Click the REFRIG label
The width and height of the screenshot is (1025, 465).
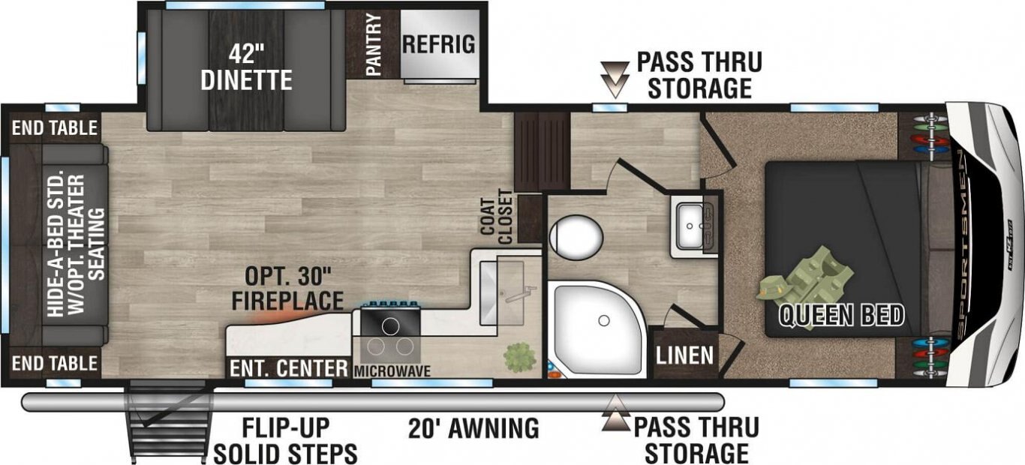(x=438, y=44)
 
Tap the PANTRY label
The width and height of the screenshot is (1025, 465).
(x=374, y=44)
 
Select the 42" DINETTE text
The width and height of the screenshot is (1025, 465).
(x=246, y=68)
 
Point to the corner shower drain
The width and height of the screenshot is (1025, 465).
(x=603, y=320)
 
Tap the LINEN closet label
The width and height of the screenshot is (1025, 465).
(x=684, y=355)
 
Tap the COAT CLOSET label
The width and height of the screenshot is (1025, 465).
(x=497, y=217)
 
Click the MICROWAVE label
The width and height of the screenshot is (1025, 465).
(x=392, y=371)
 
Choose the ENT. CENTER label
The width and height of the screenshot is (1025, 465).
(x=288, y=368)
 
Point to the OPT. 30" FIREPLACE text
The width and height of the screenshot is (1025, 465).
(x=288, y=289)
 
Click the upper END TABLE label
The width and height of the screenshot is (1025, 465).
(x=55, y=128)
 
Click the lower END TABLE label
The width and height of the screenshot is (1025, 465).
(x=55, y=364)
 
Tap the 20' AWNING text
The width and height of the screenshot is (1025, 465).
(x=473, y=428)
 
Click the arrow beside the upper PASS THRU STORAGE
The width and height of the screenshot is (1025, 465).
(x=615, y=80)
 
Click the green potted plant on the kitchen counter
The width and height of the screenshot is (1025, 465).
(x=520, y=357)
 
